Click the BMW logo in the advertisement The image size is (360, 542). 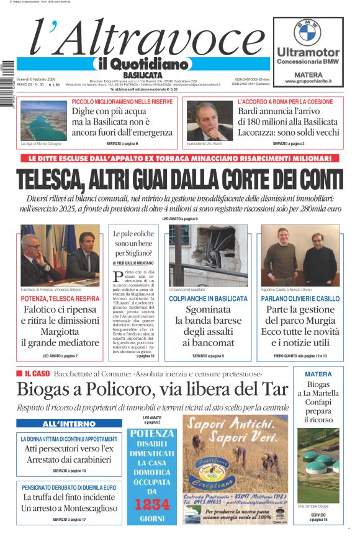pos(307,31)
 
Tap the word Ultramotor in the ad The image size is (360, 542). pos(308,53)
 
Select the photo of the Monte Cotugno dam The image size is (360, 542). pos(43,120)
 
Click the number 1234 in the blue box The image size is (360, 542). pos(152,504)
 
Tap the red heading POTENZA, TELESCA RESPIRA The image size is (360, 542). pos(60,299)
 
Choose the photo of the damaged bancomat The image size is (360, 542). pos(208,255)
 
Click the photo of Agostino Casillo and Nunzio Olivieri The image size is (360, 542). pos(300,255)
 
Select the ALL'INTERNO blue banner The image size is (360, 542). pos(60,424)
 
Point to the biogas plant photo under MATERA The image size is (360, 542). pos(318,464)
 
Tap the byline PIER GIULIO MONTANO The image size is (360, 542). pos(133,263)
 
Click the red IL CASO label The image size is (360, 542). pos(37,374)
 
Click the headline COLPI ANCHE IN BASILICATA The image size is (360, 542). pos(208,299)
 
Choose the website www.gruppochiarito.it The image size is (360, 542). pos(308,81)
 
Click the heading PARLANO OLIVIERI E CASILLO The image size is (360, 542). pos(300,299)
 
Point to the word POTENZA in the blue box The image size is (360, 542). pos(152,434)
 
